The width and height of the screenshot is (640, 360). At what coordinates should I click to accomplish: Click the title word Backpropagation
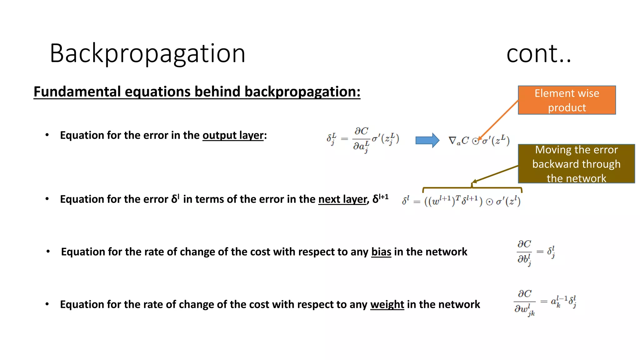[x=147, y=54]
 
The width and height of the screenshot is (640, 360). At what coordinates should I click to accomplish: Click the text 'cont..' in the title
[x=538, y=54]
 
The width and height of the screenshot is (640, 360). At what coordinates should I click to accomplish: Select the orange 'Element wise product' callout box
[x=567, y=100]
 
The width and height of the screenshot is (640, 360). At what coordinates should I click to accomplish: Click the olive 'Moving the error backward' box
[x=576, y=164]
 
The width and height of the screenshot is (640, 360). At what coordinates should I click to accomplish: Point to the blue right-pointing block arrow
[x=427, y=140]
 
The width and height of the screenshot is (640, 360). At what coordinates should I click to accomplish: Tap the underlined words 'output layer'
[x=233, y=136]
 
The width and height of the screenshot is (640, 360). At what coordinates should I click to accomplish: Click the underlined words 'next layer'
[x=342, y=199]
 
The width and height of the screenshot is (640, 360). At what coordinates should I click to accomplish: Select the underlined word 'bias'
[x=381, y=252]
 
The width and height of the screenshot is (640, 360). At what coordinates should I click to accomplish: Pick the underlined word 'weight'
[x=387, y=304]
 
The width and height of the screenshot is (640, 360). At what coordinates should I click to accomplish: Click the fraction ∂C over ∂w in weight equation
[x=524, y=302]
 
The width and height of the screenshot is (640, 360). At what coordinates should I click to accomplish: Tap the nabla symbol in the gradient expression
[x=452, y=141]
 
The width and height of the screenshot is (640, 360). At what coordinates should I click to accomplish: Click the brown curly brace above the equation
[x=472, y=188]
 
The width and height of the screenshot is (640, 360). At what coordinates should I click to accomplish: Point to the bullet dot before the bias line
[x=48, y=251]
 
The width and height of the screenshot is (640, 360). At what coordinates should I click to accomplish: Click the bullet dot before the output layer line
[x=47, y=135]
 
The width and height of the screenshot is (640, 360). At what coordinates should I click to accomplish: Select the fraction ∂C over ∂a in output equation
[x=361, y=139]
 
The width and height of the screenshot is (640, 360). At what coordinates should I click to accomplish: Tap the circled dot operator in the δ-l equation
[x=489, y=202]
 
